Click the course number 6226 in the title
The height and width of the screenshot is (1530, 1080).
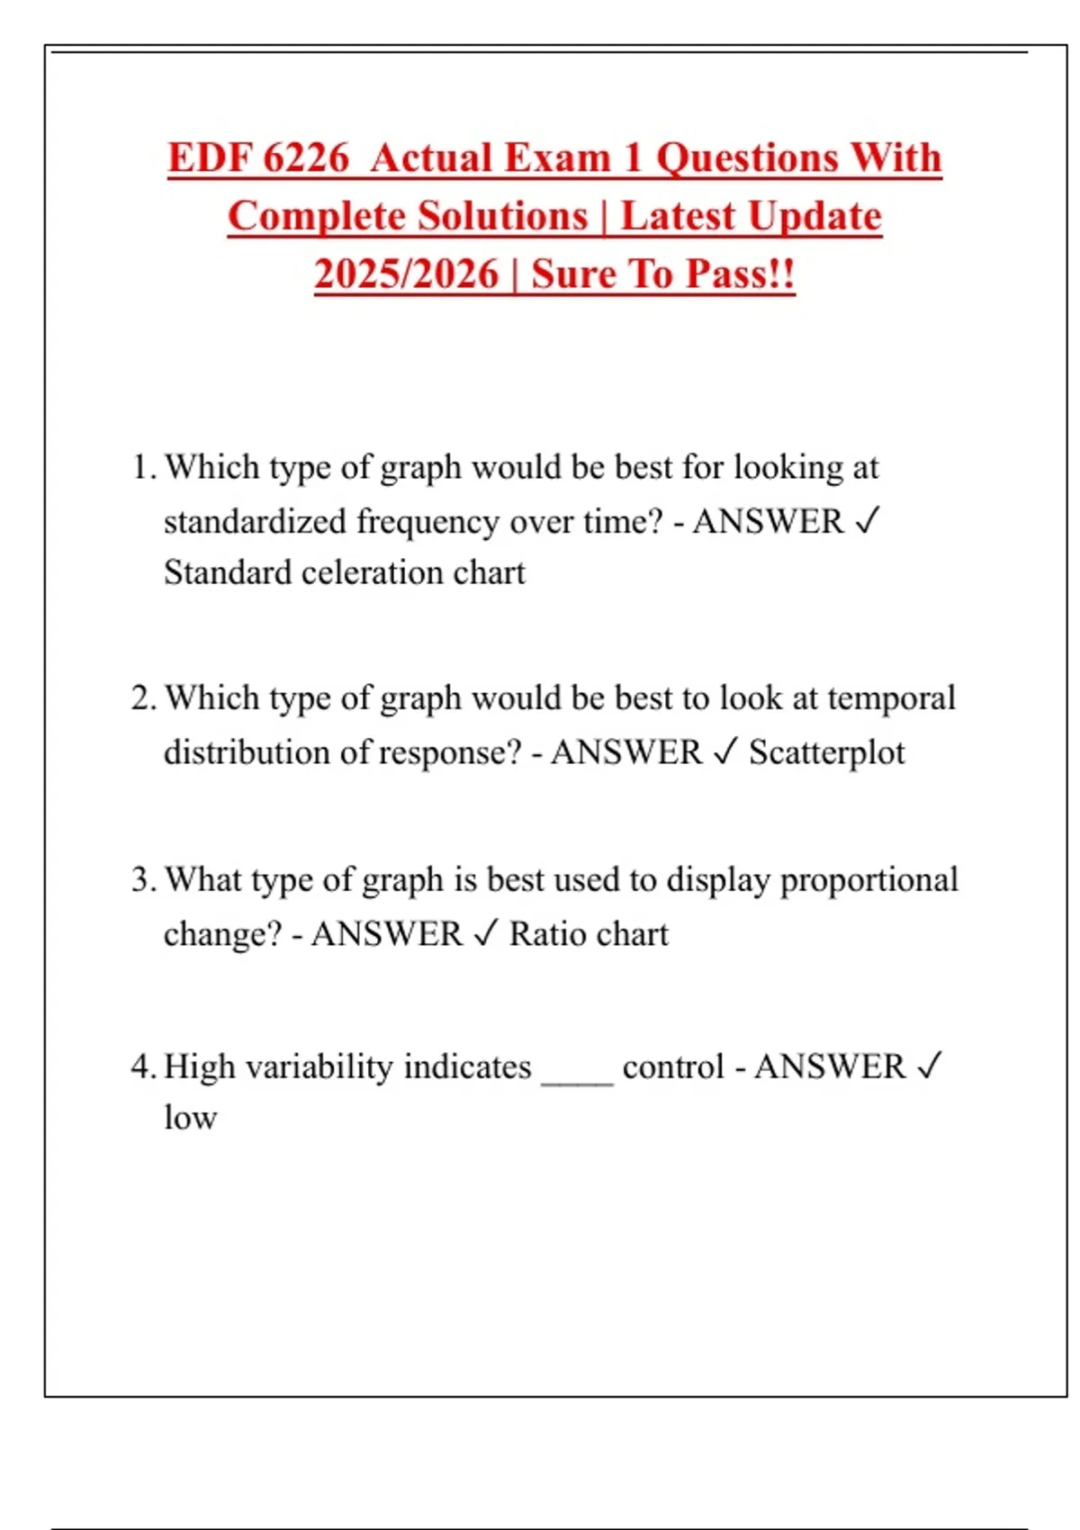click(x=306, y=158)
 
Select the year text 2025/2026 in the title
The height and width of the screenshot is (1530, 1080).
click(x=406, y=274)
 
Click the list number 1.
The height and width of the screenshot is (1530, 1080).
click(x=142, y=468)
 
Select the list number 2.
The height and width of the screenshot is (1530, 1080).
click(x=142, y=698)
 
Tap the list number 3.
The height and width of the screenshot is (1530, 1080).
click(x=142, y=879)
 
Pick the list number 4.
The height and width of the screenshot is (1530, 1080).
click(x=142, y=1066)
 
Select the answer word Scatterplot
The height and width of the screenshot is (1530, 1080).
click(x=826, y=752)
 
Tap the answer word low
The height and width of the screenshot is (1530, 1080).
click(x=190, y=1118)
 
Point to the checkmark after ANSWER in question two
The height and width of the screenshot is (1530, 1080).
click(x=725, y=751)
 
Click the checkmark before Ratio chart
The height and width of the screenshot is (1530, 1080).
click(x=485, y=933)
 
